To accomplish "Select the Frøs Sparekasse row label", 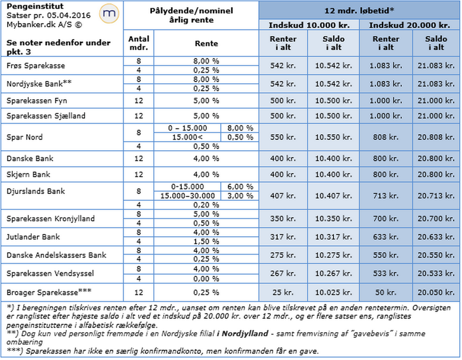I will point(36,65).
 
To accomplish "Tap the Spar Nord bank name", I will point(25,137).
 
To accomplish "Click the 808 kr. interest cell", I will point(386,137).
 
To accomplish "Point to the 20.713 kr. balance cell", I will point(436,196).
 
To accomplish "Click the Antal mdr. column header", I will point(139,43).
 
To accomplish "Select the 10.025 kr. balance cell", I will point(333,292).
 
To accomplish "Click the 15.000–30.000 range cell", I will point(187,196).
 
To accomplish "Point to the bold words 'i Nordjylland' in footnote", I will point(238,334).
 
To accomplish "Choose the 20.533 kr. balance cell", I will point(436,274).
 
